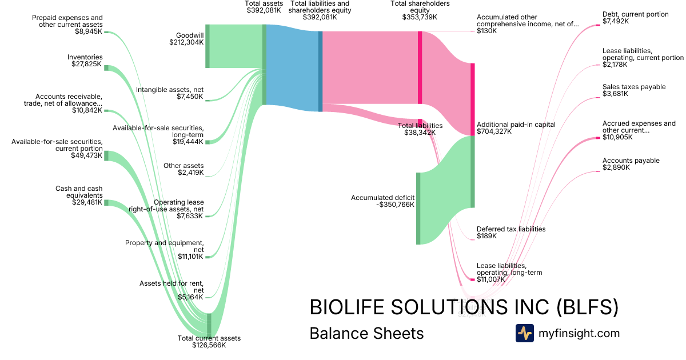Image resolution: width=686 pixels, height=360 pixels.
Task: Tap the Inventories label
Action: click(x=85, y=57)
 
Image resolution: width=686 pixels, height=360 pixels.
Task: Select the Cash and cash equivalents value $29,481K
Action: click(x=87, y=202)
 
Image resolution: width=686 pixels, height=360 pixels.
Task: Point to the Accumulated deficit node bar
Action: click(x=418, y=208)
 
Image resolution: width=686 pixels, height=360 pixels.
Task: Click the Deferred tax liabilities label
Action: click(x=511, y=229)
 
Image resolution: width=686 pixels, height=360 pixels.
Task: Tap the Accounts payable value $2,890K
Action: click(x=616, y=168)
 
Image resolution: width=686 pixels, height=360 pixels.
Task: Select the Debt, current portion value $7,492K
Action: click(x=616, y=22)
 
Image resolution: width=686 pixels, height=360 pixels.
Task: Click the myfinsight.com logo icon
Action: click(x=524, y=333)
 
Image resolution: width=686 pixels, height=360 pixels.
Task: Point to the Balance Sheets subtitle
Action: click(x=366, y=334)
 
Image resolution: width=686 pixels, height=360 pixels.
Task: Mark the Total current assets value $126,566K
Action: click(x=209, y=346)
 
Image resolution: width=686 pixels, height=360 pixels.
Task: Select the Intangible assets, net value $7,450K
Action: click(x=190, y=97)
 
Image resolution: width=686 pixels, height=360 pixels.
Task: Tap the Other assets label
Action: click(x=184, y=166)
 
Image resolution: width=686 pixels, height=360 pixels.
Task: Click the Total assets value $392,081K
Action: click(x=264, y=10)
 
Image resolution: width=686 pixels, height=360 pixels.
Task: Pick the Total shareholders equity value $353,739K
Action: click(x=420, y=18)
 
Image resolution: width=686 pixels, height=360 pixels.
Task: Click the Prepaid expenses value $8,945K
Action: click(x=89, y=32)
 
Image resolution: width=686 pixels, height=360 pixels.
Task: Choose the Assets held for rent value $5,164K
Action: click(x=190, y=297)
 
